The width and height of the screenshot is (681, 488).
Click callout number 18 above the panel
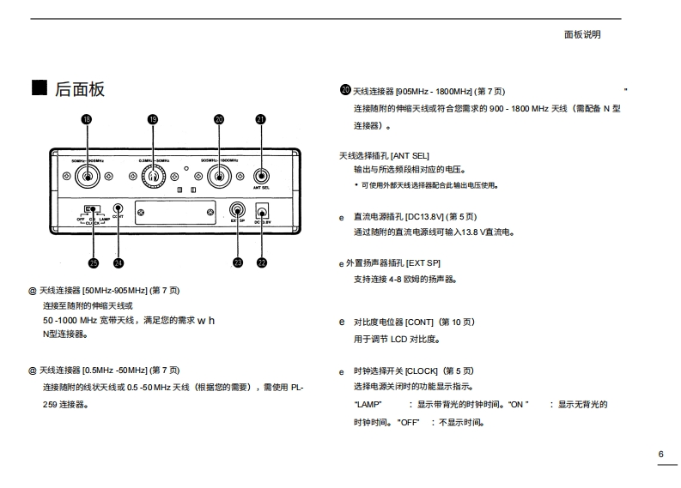pos(86,119)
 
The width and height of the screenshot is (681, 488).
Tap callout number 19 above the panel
pos(153,119)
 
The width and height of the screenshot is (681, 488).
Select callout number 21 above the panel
pos(261,119)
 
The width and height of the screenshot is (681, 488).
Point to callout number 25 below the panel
pos(93,262)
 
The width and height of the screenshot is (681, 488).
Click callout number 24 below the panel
pos(118,262)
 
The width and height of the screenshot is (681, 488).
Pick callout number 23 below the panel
pos(238,262)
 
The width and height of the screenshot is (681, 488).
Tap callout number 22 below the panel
pos(262,262)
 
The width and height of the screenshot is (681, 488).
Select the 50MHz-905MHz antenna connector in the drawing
pos(86,177)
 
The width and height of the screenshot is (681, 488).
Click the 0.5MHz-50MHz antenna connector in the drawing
pos(154,177)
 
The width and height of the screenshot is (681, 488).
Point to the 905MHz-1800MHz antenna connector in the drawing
pos(218,177)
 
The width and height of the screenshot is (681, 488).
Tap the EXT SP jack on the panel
pos(238,209)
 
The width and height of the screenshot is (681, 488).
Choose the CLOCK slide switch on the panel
pos(92,208)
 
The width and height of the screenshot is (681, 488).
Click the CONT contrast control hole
pos(118,208)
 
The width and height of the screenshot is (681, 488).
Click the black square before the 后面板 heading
pos(39,87)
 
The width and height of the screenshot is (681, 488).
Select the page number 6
pos(660,454)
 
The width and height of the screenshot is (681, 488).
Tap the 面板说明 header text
pos(582,35)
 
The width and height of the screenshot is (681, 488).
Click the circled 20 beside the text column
pos(346,90)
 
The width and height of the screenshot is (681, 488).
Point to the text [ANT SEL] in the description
pos(410,155)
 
